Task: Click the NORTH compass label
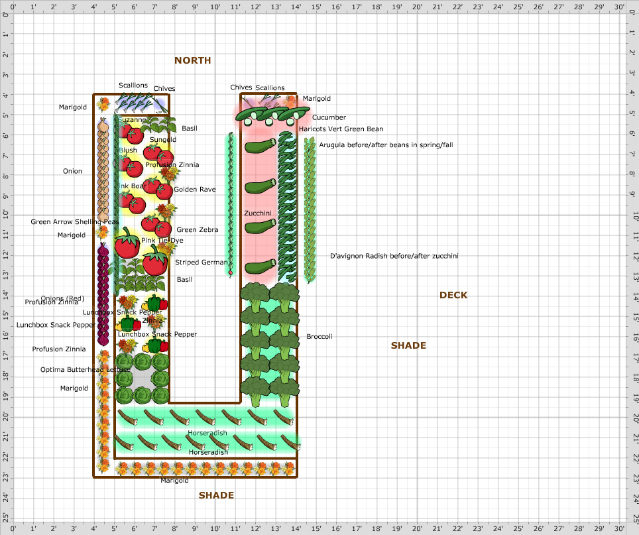point(192,60)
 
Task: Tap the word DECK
point(453,295)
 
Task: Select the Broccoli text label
point(319,337)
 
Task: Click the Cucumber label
point(329,117)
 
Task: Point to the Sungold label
point(162,140)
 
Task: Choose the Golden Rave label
point(195,190)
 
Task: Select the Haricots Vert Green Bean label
point(341,129)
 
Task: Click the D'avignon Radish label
point(394,256)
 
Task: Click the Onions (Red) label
point(62,298)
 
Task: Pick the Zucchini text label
point(257,213)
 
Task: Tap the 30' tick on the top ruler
point(618,7)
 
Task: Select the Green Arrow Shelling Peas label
point(75,221)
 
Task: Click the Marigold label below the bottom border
point(174,481)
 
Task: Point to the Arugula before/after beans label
point(377,145)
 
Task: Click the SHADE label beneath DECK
point(408,345)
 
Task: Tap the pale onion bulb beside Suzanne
point(103,125)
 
